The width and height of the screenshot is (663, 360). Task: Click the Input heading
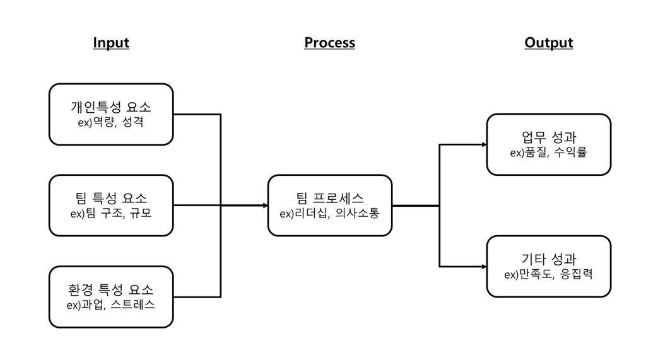tap(111, 43)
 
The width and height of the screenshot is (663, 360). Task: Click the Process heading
tap(329, 43)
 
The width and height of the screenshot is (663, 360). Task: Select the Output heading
tap(548, 43)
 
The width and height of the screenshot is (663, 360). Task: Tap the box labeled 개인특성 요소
tap(111, 114)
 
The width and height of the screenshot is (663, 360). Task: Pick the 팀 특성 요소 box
tap(111, 206)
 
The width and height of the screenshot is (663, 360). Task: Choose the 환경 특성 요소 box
tap(111, 297)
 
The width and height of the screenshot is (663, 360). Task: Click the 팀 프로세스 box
tap(330, 206)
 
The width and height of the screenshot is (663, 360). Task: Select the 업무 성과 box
tap(549, 144)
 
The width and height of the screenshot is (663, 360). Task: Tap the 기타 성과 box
tap(549, 266)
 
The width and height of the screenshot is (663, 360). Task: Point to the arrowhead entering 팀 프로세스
tap(265, 206)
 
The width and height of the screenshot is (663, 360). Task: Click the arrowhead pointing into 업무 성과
tap(484, 144)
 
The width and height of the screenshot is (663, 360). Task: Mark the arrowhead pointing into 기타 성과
tap(484, 266)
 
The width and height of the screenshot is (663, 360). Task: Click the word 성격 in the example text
tap(133, 122)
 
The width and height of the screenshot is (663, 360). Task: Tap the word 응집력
tap(575, 274)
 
